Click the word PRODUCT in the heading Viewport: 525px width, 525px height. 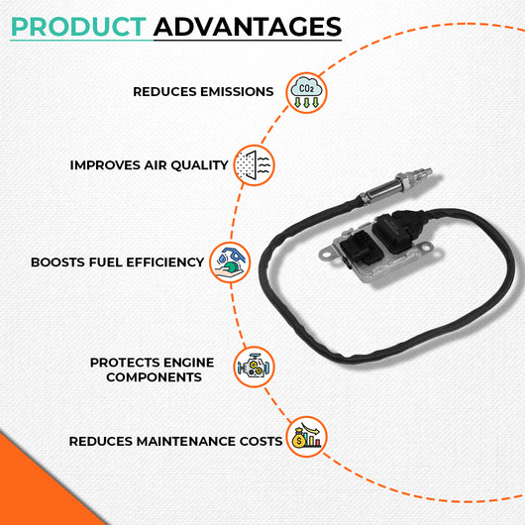[x=78, y=27]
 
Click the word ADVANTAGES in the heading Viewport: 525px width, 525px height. [x=248, y=27]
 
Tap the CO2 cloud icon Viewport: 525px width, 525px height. [x=306, y=93]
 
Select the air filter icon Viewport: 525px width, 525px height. [x=254, y=165]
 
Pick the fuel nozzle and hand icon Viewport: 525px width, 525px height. [x=230, y=262]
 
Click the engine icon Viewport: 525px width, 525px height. [x=254, y=367]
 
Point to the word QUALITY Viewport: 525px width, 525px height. [x=199, y=165]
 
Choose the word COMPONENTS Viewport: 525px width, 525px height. [x=154, y=377]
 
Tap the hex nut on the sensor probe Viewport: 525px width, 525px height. [x=403, y=181]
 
